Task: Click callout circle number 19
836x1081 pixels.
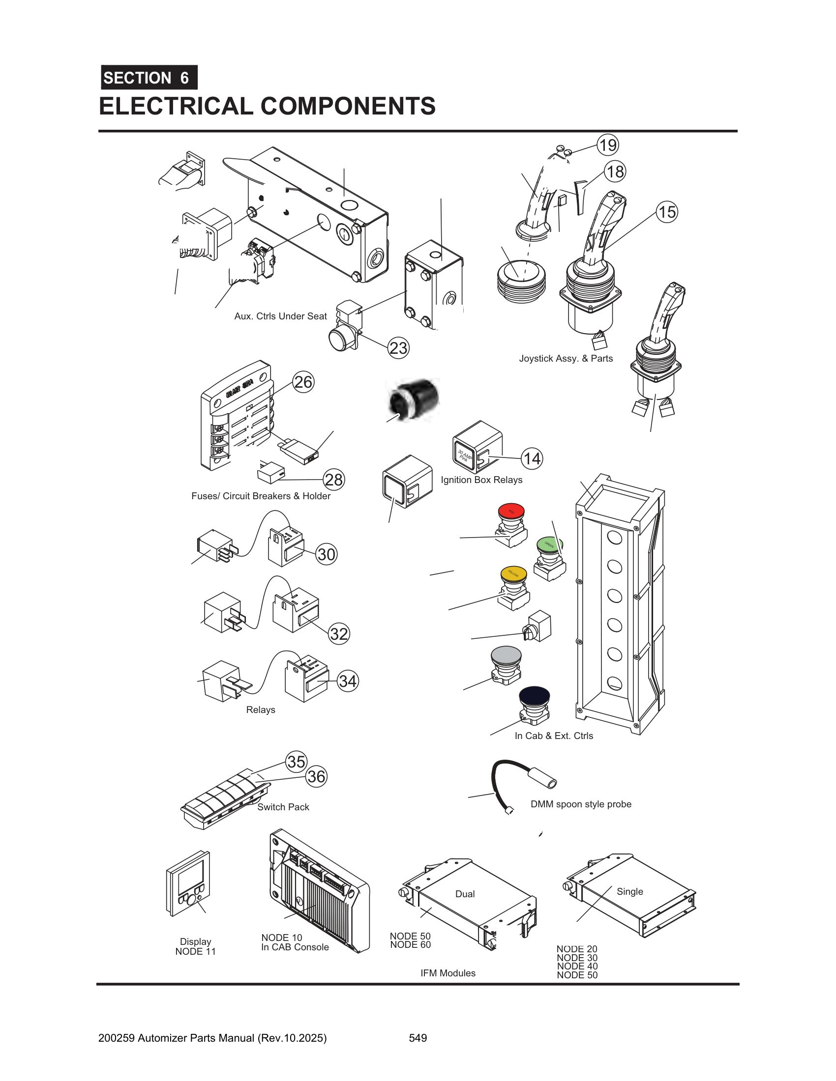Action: pos(608,145)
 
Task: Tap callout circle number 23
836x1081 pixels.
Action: pos(398,348)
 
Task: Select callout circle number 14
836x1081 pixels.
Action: pos(532,458)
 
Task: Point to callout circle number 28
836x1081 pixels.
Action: pos(334,480)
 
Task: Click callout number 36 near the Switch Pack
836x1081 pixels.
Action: pos(317,776)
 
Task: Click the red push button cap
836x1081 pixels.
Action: pos(511,511)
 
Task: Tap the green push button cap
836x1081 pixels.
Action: pos(549,544)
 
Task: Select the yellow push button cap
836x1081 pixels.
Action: pos(513,573)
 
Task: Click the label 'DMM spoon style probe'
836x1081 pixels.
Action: pos(580,804)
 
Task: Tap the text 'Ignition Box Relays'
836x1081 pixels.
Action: pos(481,480)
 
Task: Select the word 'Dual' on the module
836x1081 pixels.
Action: pos(465,894)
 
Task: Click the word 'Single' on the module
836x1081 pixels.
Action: pos(629,891)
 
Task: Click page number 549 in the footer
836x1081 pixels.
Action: pos(418,1038)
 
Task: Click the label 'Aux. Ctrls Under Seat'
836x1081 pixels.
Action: pos(280,316)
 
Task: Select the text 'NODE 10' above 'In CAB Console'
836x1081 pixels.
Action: pos(281,938)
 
